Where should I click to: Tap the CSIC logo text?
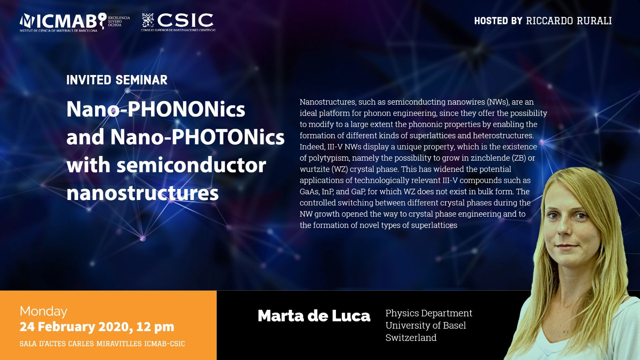(x=185, y=20)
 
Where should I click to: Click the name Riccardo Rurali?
(x=569, y=21)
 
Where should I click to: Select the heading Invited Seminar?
(x=117, y=80)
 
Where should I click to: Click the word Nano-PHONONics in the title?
(x=156, y=109)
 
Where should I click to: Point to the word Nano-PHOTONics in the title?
(x=197, y=137)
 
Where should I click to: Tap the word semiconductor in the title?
(x=191, y=165)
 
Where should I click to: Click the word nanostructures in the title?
(x=142, y=193)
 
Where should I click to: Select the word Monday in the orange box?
(x=43, y=311)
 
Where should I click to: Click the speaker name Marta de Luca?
(x=314, y=316)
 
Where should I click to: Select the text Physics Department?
(x=429, y=313)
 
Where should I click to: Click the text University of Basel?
(x=426, y=325)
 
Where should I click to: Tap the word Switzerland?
(x=411, y=338)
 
